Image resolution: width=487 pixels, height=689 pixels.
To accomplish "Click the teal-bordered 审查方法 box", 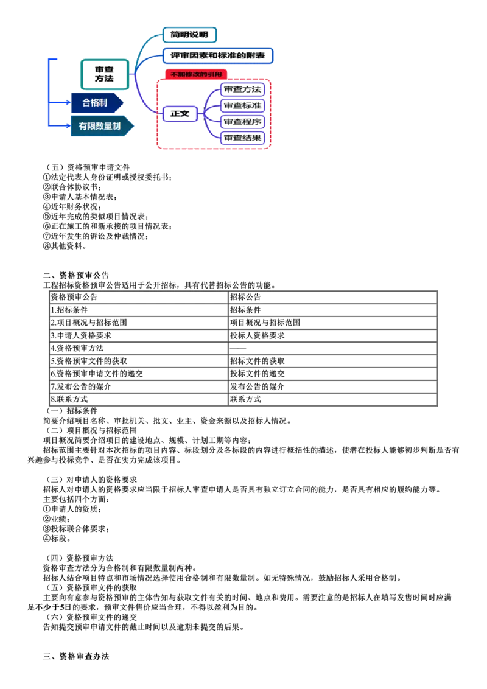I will click(104, 74).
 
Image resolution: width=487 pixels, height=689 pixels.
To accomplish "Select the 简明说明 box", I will click(190, 34).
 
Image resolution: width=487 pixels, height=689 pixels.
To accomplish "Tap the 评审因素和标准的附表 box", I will click(218, 55).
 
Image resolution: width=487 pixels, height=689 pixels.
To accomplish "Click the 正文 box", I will click(180, 113).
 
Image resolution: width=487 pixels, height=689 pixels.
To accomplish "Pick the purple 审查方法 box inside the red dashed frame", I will click(243, 89).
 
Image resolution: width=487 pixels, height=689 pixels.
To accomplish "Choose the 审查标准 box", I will click(243, 105).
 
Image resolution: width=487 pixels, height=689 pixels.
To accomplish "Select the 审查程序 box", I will click(243, 122).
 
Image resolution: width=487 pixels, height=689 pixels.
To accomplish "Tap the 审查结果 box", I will click(243, 138).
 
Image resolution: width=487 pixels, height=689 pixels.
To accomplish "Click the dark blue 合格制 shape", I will click(96, 102).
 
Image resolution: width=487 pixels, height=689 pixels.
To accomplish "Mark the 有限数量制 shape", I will click(100, 127).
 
